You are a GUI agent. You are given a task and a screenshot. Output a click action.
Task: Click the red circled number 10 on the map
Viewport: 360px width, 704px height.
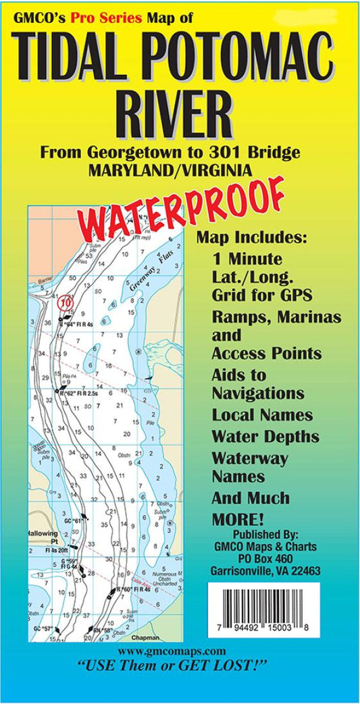(x=66, y=303)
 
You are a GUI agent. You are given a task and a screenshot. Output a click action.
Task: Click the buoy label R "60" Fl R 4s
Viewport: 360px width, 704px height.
(x=133, y=589)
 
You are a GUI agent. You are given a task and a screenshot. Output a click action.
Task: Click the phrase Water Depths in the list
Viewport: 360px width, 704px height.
(x=261, y=436)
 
